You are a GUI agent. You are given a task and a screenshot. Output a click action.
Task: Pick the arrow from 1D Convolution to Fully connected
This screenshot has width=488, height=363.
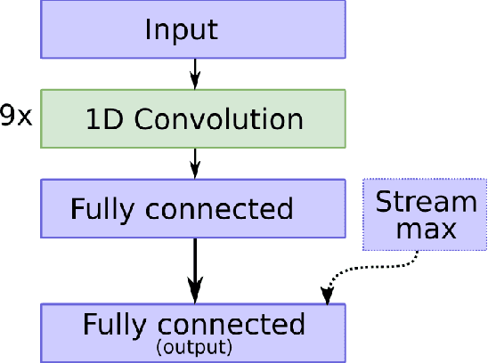pyautogui.click(x=195, y=162)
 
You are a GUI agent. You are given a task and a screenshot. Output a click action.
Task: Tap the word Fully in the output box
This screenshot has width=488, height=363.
pyautogui.click(x=115, y=325)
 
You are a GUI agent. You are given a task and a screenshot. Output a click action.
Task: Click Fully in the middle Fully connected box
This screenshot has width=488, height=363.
pyautogui.click(x=102, y=209)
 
